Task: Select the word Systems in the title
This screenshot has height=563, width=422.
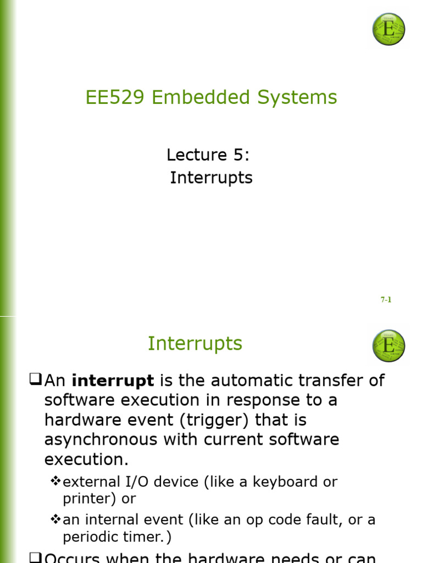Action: [x=301, y=97]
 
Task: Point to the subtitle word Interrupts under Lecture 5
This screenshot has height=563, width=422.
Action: [x=211, y=178]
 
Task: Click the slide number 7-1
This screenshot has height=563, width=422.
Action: [x=386, y=300]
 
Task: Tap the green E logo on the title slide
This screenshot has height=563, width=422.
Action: [x=388, y=29]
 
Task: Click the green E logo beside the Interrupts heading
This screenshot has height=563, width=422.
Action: [x=388, y=346]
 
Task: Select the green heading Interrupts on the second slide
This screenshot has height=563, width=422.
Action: [x=195, y=344]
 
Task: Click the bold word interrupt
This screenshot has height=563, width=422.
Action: [x=113, y=380]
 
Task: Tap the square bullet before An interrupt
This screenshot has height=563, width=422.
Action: [x=36, y=379]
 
